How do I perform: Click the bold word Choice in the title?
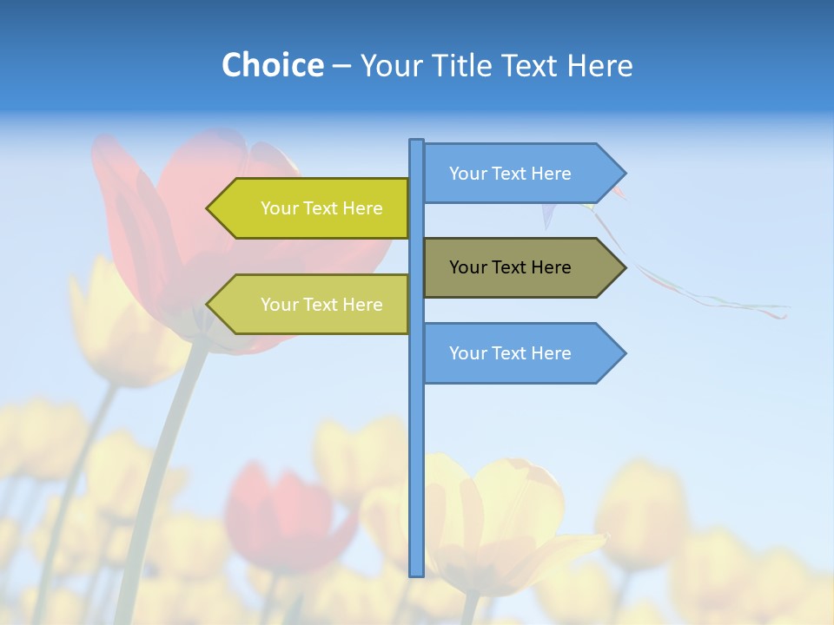pos(272,65)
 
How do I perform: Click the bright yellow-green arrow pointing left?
pos(313,208)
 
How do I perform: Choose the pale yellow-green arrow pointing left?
pos(313,304)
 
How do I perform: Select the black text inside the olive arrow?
pos(510,267)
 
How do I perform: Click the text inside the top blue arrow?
pos(510,174)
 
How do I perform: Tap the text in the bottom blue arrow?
pos(510,353)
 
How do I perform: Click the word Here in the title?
pos(600,66)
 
